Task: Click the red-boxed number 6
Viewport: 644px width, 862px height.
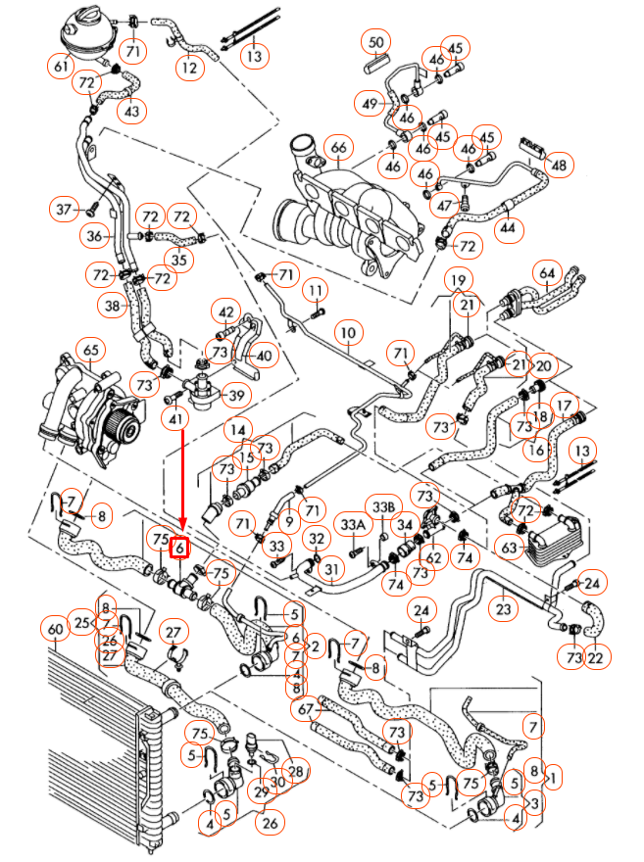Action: tap(180, 549)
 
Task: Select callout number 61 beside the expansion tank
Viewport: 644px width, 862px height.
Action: tap(61, 67)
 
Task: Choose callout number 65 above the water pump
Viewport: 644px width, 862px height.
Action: tap(90, 350)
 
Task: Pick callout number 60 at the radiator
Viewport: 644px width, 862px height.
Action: tap(54, 628)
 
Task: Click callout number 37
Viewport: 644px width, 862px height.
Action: tap(66, 209)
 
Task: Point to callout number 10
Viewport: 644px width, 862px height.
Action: tap(346, 335)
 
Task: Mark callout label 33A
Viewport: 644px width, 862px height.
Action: tap(352, 526)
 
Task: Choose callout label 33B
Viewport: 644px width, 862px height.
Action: tap(382, 506)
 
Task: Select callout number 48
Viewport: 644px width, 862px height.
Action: tap(558, 166)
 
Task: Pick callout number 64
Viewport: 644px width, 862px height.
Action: tap(547, 271)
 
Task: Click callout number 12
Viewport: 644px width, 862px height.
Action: tap(188, 69)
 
